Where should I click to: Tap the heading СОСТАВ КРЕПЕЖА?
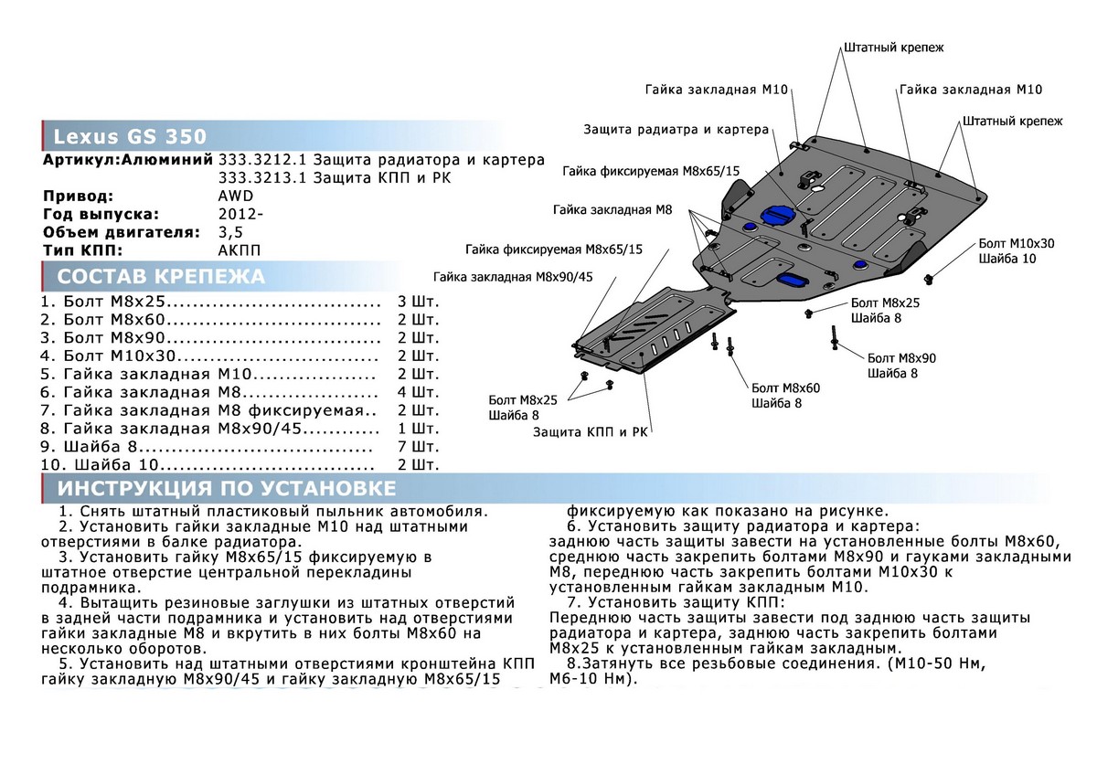click(161, 277)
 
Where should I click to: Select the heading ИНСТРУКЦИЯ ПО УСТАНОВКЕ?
click(226, 487)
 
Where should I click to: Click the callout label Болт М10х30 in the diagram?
click(1016, 243)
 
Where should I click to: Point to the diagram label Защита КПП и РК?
click(590, 431)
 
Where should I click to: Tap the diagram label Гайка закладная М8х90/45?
click(514, 277)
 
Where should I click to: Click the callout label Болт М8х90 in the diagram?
click(901, 357)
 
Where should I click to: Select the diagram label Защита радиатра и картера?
click(676, 130)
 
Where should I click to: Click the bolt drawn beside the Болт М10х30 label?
click(930, 278)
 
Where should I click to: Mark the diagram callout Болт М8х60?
click(785, 387)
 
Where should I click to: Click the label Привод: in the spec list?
click(79, 196)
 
